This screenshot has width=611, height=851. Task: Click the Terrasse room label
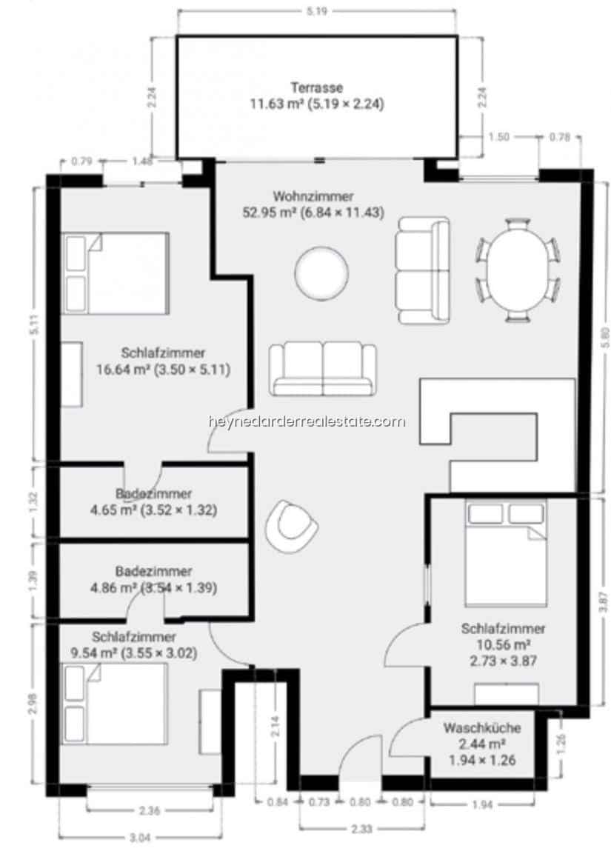pyautogui.click(x=316, y=87)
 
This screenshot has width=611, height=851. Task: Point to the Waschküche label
pyautogui.click(x=481, y=728)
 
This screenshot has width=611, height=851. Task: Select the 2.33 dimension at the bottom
pyautogui.click(x=362, y=829)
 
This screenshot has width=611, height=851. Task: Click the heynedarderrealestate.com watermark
pyautogui.click(x=307, y=421)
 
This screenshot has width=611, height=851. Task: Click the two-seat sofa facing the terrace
pyautogui.click(x=322, y=368)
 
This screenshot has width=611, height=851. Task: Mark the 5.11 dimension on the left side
pyautogui.click(x=33, y=326)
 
